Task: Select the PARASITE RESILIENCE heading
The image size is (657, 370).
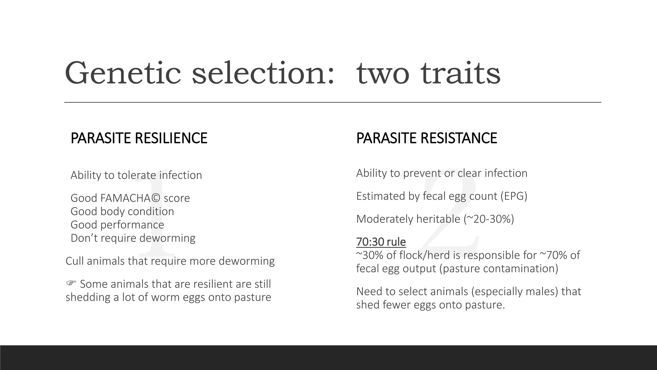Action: (139, 138)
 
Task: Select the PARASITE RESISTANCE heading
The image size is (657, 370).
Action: (426, 138)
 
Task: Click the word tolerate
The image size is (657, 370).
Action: (137, 175)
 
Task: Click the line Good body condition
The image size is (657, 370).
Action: (122, 212)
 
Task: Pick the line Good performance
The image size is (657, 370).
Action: (117, 225)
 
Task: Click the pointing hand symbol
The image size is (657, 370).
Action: (71, 283)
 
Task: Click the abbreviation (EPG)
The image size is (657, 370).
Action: (514, 196)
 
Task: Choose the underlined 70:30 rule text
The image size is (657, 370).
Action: (381, 242)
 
